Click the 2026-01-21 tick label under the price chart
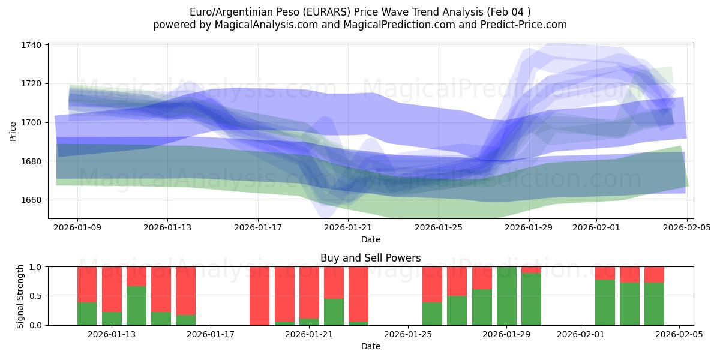[348, 228]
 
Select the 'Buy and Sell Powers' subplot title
[370, 258]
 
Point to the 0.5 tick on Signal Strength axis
[36, 296]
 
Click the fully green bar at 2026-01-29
[506, 296]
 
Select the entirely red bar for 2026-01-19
[260, 296]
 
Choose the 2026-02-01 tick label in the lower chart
[581, 334]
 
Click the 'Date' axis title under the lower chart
[370, 346]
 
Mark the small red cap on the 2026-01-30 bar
[531, 270]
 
